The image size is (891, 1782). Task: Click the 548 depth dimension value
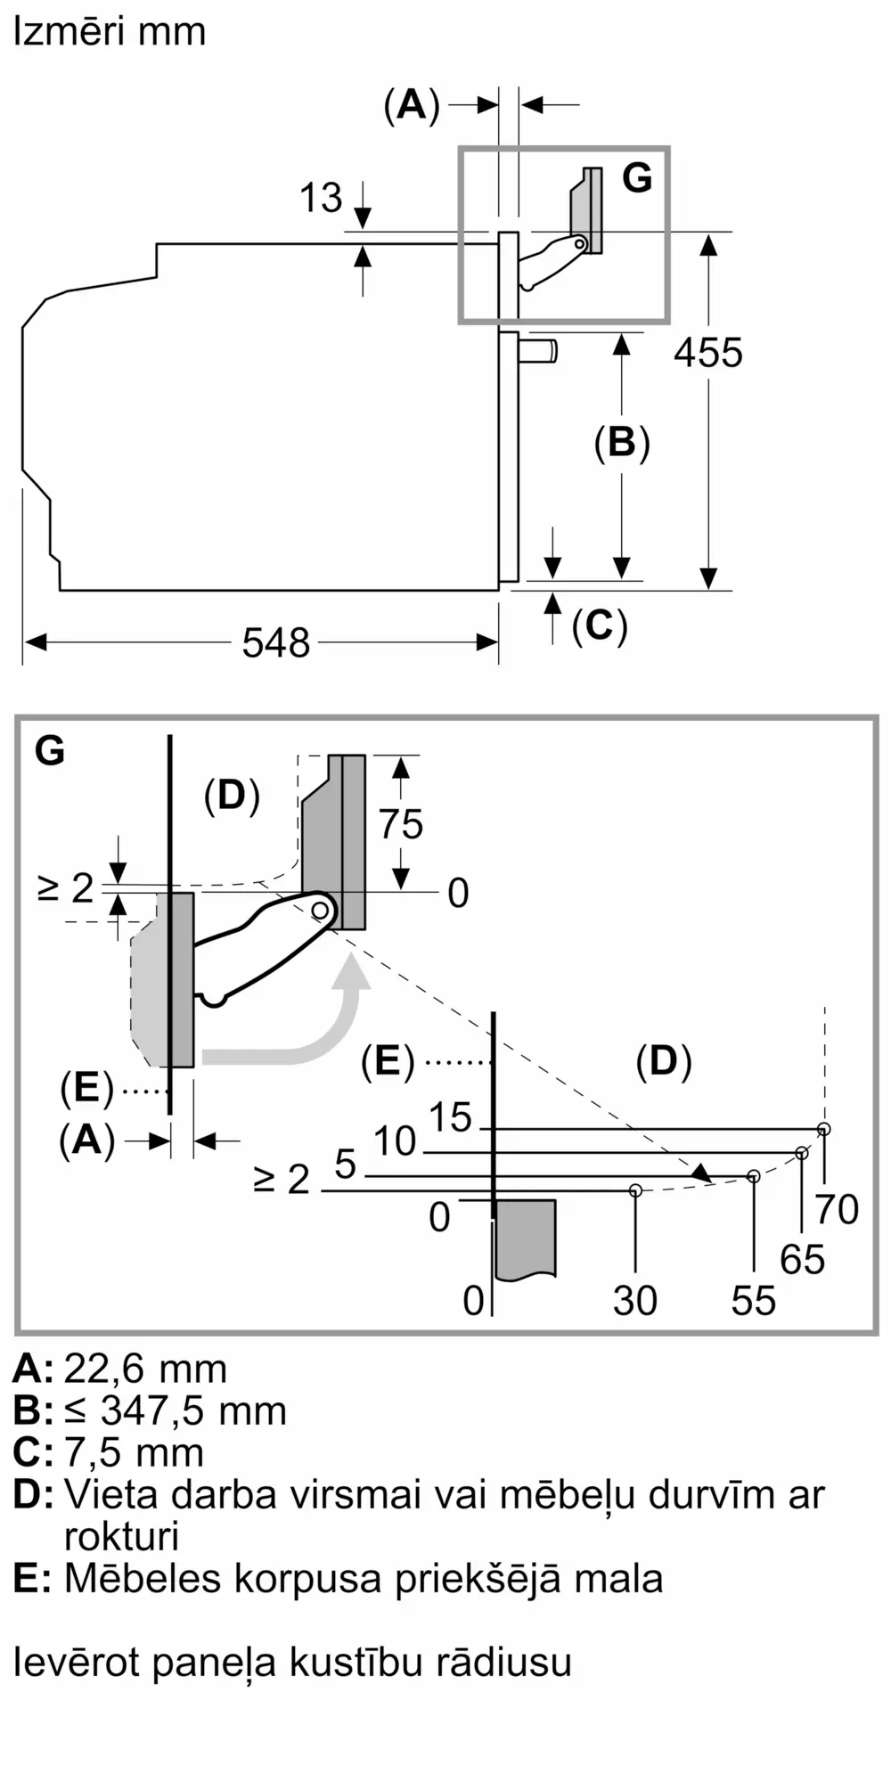tap(276, 642)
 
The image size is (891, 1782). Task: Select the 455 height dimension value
tap(708, 353)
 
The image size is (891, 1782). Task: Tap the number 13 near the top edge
tap(321, 198)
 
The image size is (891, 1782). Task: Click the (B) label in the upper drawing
tap(622, 443)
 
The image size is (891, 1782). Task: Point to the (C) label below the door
tap(600, 625)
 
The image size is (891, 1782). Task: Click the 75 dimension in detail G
tap(401, 824)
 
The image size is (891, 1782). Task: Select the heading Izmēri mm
tap(109, 31)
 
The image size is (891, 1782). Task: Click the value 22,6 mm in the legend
tap(145, 1368)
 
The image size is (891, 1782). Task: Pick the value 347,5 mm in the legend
tap(193, 1410)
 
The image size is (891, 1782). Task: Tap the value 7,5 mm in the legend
tap(134, 1452)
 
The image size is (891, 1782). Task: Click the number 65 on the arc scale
tap(802, 1260)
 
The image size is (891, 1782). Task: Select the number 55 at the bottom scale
tap(754, 1301)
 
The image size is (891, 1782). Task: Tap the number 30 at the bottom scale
tap(635, 1301)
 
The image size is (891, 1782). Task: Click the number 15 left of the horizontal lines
tap(450, 1117)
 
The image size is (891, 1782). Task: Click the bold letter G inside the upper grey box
tap(637, 178)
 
